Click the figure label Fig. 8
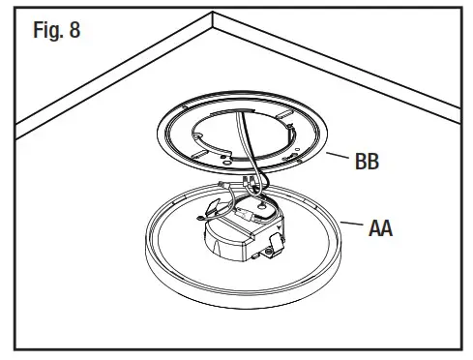(x=57, y=31)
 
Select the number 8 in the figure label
(x=74, y=31)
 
